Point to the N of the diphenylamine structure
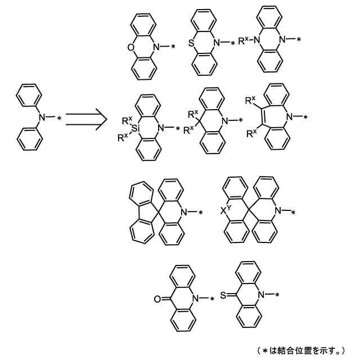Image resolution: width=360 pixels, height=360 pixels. point(40,116)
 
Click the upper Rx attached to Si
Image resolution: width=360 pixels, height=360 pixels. point(127,120)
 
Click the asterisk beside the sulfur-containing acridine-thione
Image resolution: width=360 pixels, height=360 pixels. point(279,295)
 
